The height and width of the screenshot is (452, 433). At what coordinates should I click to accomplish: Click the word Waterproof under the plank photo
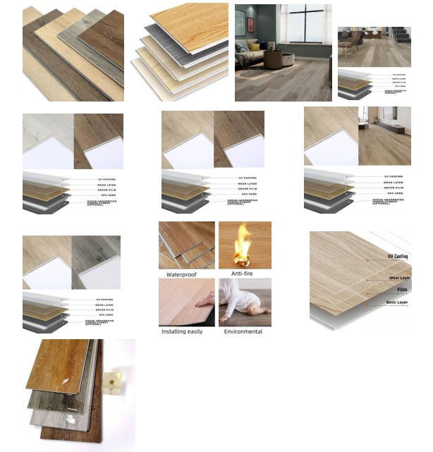click(181, 274)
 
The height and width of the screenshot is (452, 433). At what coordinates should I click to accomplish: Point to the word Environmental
click(243, 331)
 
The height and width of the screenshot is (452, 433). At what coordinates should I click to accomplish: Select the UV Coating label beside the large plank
click(398, 257)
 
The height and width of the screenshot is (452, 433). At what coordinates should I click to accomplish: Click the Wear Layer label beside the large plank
click(400, 278)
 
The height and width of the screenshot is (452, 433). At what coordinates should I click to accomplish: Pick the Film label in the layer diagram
click(402, 290)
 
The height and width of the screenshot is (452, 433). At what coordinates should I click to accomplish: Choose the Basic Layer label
click(398, 303)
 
